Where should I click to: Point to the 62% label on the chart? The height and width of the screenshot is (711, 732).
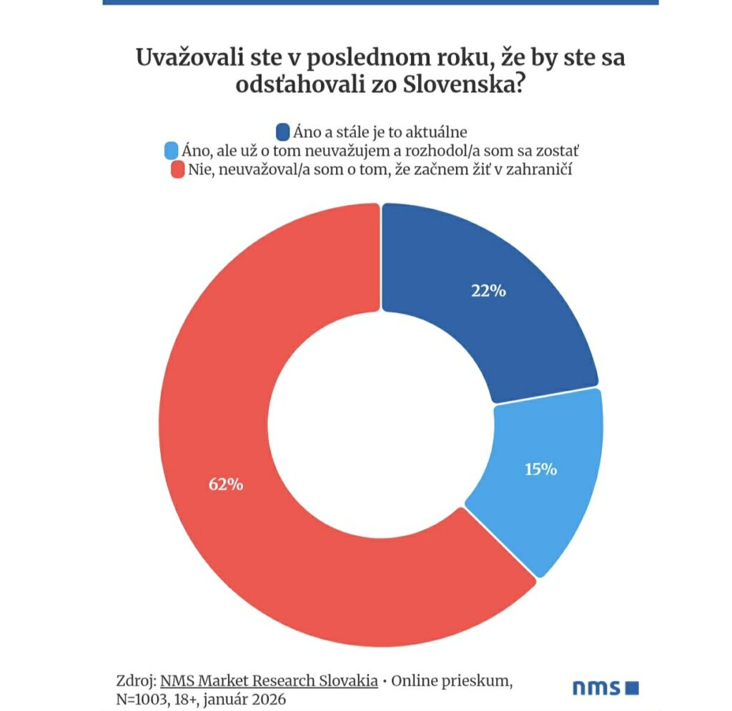click(226, 484)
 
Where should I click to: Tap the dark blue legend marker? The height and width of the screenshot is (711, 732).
click(282, 132)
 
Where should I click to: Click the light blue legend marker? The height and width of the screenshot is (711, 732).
click(172, 151)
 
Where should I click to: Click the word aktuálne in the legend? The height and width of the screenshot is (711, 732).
click(436, 132)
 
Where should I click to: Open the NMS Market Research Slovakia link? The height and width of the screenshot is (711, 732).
click(269, 681)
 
